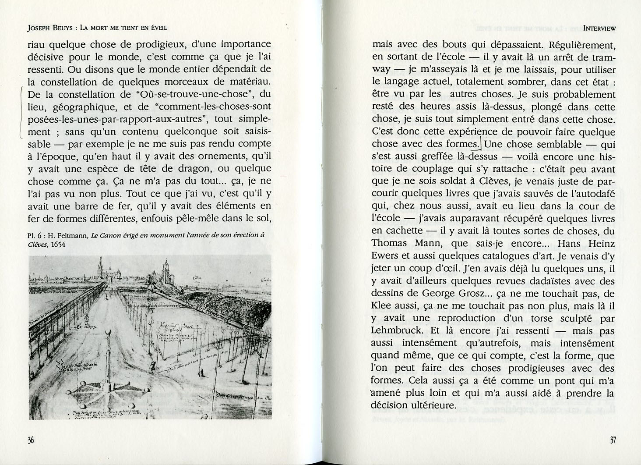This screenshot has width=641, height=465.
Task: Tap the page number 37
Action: (x=612, y=440)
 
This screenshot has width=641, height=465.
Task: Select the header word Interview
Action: (x=599, y=28)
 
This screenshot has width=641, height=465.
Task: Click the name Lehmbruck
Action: (x=399, y=330)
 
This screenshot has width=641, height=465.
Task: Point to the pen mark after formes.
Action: (x=480, y=142)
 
